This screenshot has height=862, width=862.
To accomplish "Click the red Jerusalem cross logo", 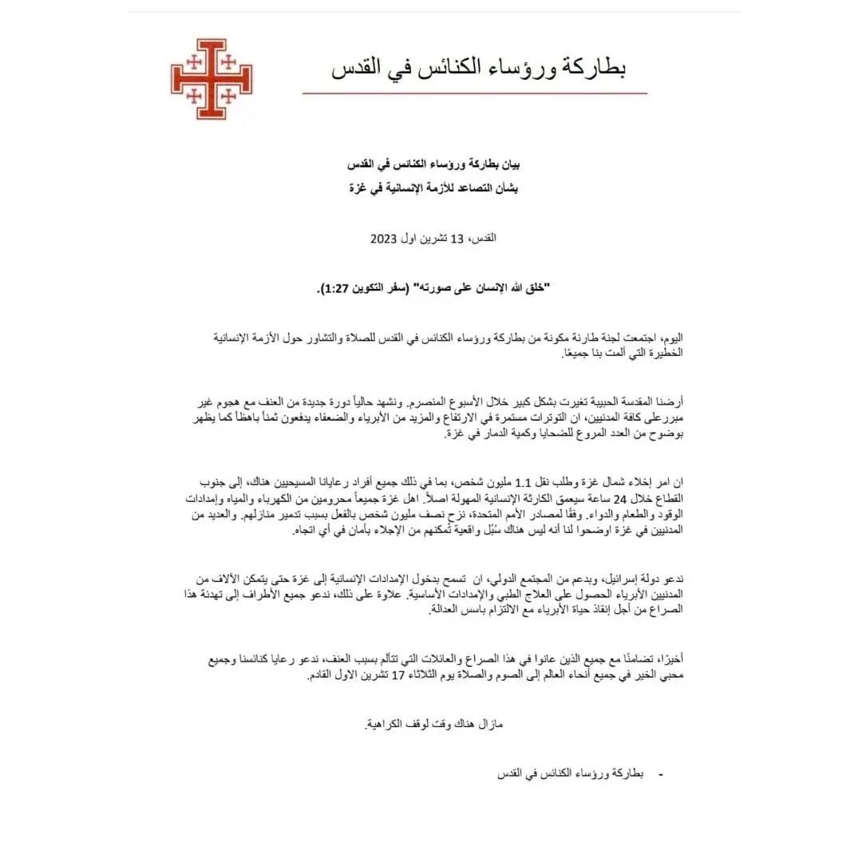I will pos(212,79).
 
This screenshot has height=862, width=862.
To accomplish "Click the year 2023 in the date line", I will pos(382,239).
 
